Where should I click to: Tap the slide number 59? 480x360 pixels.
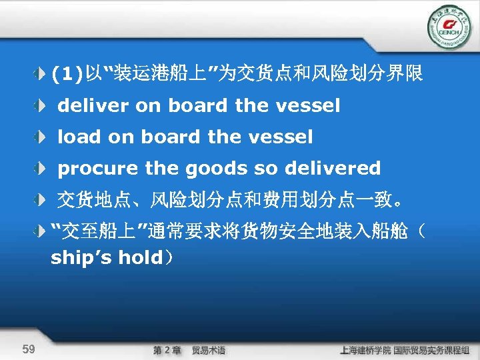click(x=29, y=349)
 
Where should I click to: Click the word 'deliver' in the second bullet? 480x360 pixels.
click(x=93, y=105)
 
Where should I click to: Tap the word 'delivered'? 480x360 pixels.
click(x=333, y=169)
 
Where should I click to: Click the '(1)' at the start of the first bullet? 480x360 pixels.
click(x=65, y=75)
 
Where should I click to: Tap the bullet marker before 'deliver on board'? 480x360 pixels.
click(x=42, y=106)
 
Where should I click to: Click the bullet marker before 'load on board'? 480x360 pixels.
click(x=42, y=137)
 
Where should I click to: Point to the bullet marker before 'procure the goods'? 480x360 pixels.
click(x=42, y=169)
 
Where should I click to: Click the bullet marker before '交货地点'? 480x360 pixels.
click(x=42, y=199)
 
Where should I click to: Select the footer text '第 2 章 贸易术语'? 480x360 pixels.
click(x=189, y=350)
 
